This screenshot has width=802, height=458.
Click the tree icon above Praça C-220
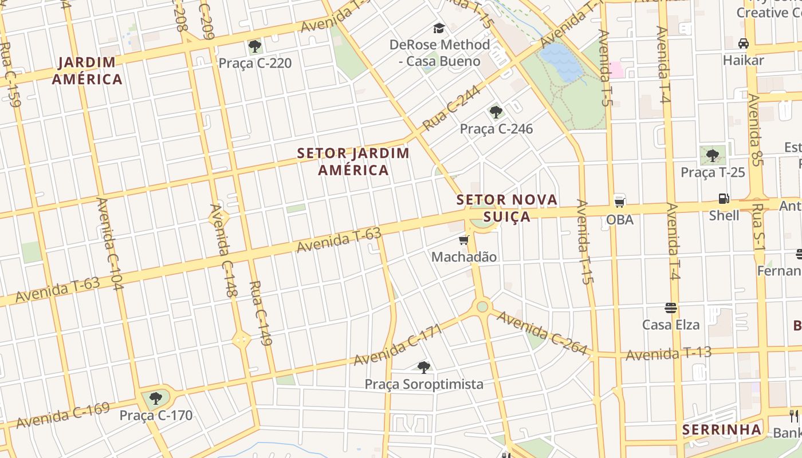coord(255,46)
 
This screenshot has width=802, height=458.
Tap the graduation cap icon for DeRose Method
coord(439,28)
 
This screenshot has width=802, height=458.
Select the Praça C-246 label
coord(496,129)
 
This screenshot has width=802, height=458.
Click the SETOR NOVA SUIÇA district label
coord(506,208)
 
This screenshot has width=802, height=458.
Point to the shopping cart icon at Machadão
coord(463,240)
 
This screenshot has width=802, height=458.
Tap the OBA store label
coord(620,219)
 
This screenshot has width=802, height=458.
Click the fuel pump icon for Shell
coord(724,199)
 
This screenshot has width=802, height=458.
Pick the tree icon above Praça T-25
coord(712,155)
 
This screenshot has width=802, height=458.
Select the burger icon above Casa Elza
coord(671,308)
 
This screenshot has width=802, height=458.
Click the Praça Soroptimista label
coord(424,384)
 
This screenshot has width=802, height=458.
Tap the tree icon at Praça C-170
coord(155,398)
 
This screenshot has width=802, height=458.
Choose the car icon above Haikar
coord(744,44)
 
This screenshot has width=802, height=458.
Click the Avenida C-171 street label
coord(398,345)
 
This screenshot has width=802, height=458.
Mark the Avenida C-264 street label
coord(542,333)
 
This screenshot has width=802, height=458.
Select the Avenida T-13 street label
coord(668,354)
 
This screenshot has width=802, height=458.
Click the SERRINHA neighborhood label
coord(722,430)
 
